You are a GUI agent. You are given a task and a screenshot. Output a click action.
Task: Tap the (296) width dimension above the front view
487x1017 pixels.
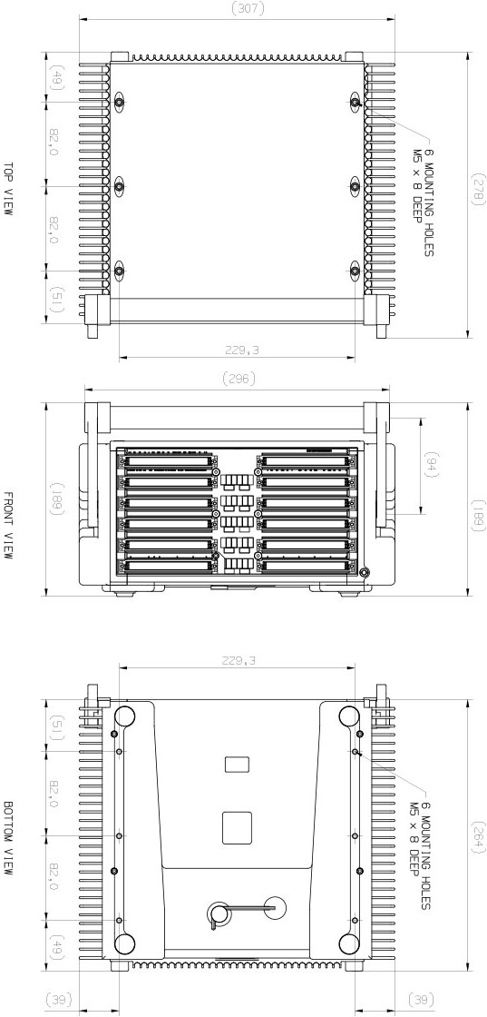[239, 378]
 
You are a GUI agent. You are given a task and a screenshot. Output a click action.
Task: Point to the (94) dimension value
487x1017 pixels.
[431, 467]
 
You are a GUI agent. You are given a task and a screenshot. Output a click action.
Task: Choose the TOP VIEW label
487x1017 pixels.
[8, 189]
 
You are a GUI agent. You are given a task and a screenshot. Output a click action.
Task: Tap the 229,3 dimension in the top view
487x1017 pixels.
[239, 350]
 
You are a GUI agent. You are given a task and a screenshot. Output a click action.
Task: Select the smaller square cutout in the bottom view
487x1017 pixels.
[237, 764]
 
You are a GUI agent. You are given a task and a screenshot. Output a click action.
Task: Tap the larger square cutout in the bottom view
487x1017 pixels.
[237, 826]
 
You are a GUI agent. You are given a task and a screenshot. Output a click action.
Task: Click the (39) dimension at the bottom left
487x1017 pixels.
[62, 1000]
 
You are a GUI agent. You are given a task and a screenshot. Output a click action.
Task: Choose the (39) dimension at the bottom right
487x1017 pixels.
[419, 1000]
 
